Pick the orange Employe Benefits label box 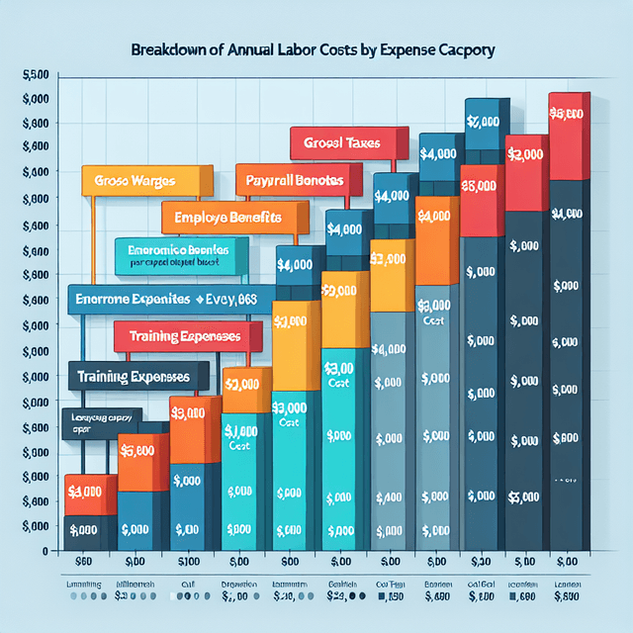226,217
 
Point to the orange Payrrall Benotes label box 289,181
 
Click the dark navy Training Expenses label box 137,377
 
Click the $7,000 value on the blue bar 483,121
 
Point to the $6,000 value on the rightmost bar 568,115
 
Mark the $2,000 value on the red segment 524,154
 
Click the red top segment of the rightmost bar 569,136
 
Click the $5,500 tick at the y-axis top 35,75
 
